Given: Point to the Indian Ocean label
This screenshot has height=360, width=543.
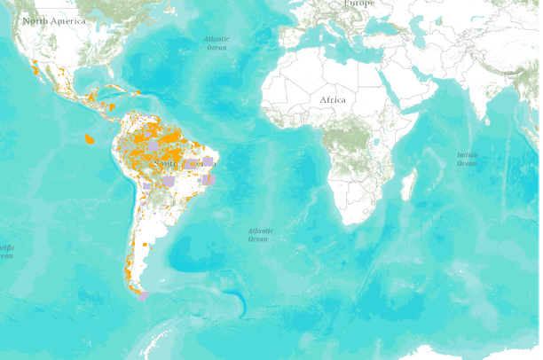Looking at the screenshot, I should coord(467,159).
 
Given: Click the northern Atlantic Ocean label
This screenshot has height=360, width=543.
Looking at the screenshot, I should coord(216,43).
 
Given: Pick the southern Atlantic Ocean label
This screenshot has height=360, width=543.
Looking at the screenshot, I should coord(258,234).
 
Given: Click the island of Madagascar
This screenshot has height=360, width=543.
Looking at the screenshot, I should coord(410,186).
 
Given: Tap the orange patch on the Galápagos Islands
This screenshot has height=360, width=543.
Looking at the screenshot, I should coord(89,138).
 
